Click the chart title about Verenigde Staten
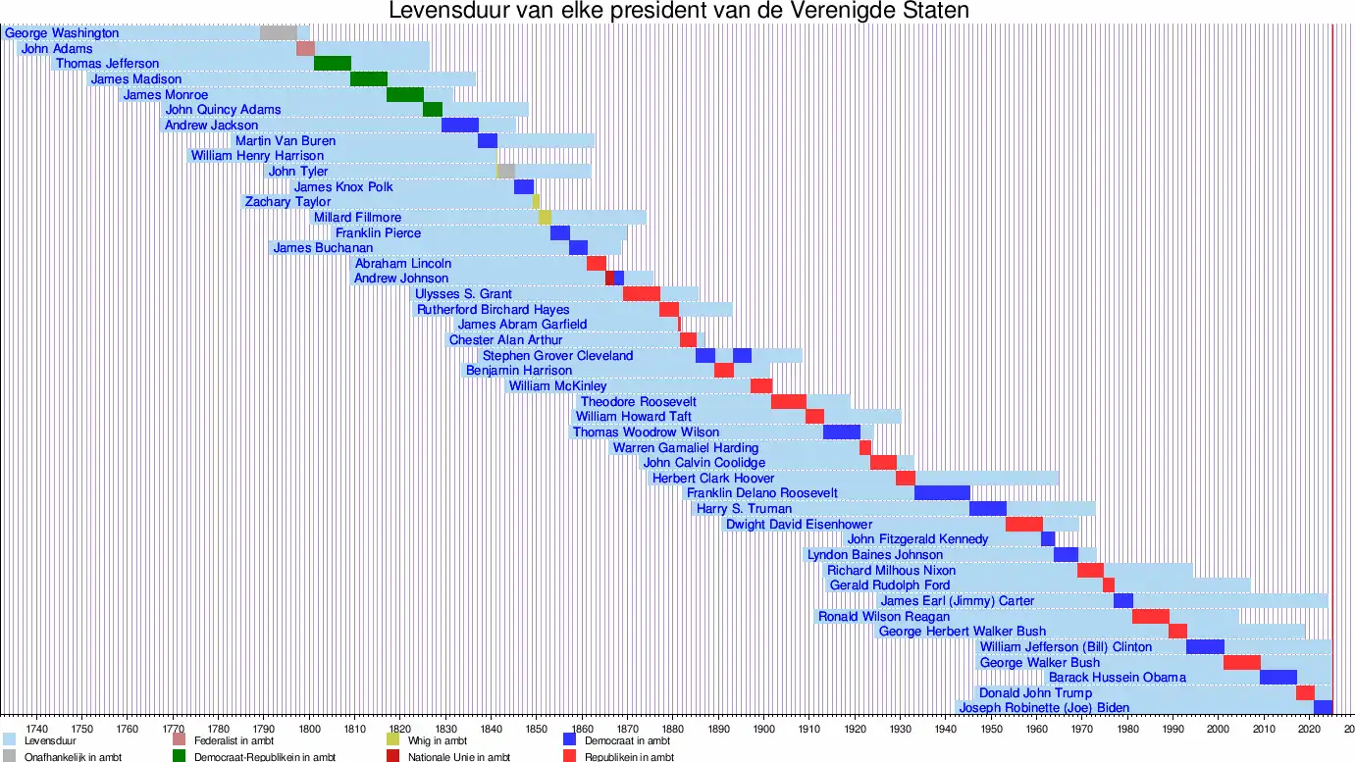click(678, 12)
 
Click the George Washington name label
click(62, 33)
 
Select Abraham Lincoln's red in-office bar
click(597, 264)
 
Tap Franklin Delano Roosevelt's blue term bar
click(942, 492)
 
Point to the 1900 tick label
click(763, 729)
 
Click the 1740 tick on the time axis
click(37, 729)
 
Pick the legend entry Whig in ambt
click(430, 740)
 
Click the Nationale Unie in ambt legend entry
click(458, 757)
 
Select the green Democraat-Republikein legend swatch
click(180, 756)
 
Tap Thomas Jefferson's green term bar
click(333, 64)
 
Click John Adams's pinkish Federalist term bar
click(305, 49)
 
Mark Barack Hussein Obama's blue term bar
click(1277, 678)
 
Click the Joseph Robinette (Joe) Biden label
click(1044, 708)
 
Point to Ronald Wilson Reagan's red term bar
click(1150, 617)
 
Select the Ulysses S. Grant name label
click(463, 294)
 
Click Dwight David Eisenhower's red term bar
click(1023, 525)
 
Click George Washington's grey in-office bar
click(279, 33)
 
